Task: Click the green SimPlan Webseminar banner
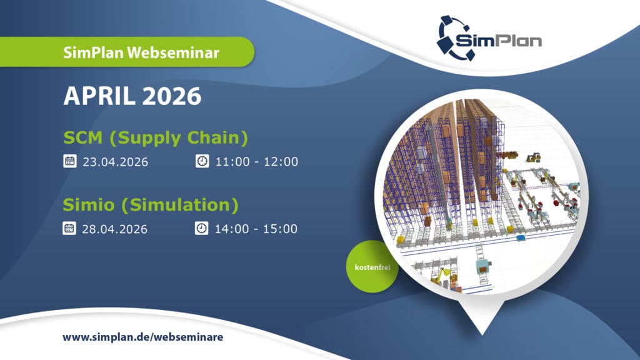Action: [x=126, y=52]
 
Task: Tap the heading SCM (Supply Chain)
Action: [x=156, y=138]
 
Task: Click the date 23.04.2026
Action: [x=116, y=162]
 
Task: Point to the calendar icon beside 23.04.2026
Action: [x=70, y=161]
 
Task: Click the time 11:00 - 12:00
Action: [x=257, y=162]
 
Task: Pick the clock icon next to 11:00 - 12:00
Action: [x=202, y=161]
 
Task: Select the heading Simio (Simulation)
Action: [x=151, y=205]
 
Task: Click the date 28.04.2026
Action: [x=115, y=229]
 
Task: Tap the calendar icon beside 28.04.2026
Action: [x=69, y=228]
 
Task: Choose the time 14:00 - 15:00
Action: [x=256, y=229]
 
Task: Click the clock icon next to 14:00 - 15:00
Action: [x=202, y=228]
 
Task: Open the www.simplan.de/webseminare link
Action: [x=143, y=337]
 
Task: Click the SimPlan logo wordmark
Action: [x=498, y=40]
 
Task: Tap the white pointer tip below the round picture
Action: [x=482, y=334]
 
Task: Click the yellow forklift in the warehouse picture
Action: [x=534, y=157]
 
